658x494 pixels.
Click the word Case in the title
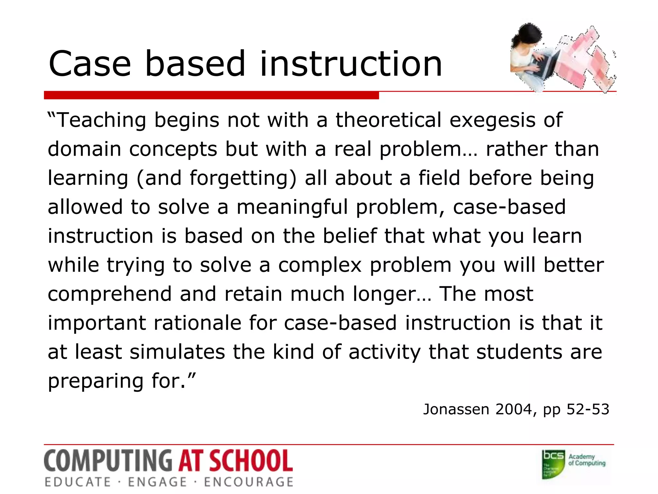pos(90,64)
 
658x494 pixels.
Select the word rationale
pos(197,323)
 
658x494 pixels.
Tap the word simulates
pos(177,352)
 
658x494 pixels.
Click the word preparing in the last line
pos(95,381)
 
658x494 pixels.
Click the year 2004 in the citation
pos(513,409)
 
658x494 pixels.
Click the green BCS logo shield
pos(553,464)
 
